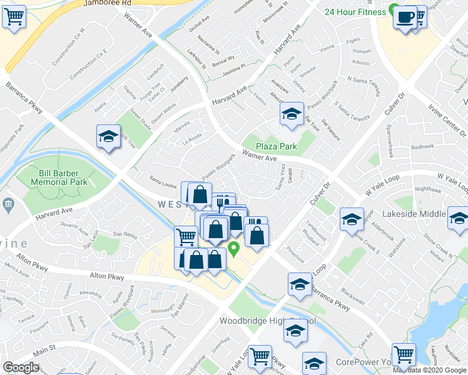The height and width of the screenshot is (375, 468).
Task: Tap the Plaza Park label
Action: click(x=276, y=146)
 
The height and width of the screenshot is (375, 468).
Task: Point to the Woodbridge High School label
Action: click(x=267, y=321)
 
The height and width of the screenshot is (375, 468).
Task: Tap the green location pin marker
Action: click(x=234, y=249)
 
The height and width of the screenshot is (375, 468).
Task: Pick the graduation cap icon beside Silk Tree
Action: click(x=108, y=137)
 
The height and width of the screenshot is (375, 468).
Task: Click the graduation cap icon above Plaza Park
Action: click(x=291, y=114)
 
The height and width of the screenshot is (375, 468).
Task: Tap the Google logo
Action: click(x=21, y=367)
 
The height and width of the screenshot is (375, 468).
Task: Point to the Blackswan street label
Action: click(x=352, y=300)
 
